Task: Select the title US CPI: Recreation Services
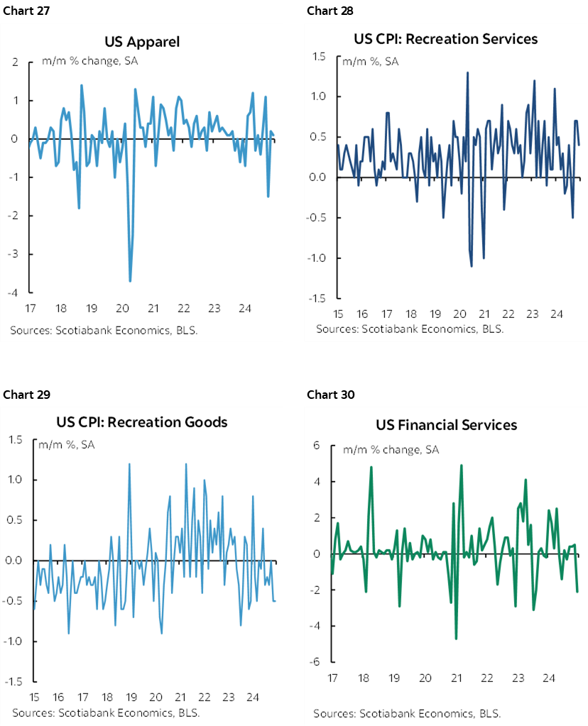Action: coord(446,38)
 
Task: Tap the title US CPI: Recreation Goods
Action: coord(142,422)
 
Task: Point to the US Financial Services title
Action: coord(446,425)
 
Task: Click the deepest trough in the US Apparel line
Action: coord(130,281)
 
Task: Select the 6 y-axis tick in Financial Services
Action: coord(317,446)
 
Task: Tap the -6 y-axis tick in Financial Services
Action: coord(315,662)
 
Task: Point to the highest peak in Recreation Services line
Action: coord(467,72)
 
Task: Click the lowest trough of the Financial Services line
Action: coord(456,639)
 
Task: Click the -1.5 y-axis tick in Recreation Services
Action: coord(317,298)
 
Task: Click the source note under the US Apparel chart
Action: coord(104,331)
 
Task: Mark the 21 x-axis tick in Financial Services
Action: coord(456,678)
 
